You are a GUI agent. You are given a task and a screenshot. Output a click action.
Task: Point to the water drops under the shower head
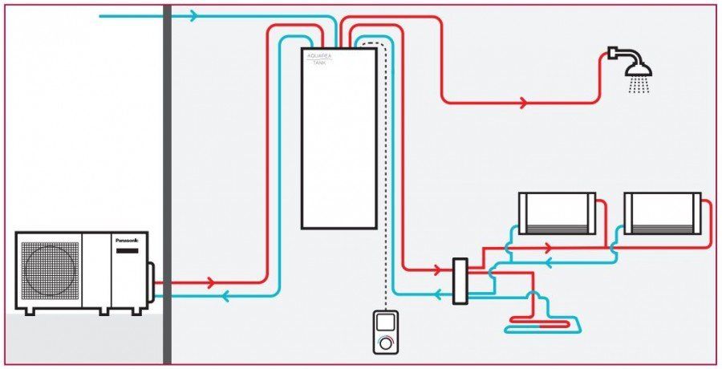[x=639, y=85]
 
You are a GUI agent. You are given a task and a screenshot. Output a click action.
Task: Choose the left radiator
[x=557, y=213]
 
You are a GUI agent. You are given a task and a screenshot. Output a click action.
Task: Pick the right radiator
[x=663, y=213]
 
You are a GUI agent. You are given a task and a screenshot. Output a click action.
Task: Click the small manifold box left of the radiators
[x=460, y=281]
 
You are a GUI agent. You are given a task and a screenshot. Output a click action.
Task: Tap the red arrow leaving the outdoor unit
[x=211, y=283]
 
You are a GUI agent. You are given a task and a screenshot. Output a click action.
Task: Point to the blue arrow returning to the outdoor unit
[x=225, y=296]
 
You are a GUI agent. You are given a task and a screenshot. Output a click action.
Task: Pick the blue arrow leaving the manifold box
[x=438, y=294]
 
